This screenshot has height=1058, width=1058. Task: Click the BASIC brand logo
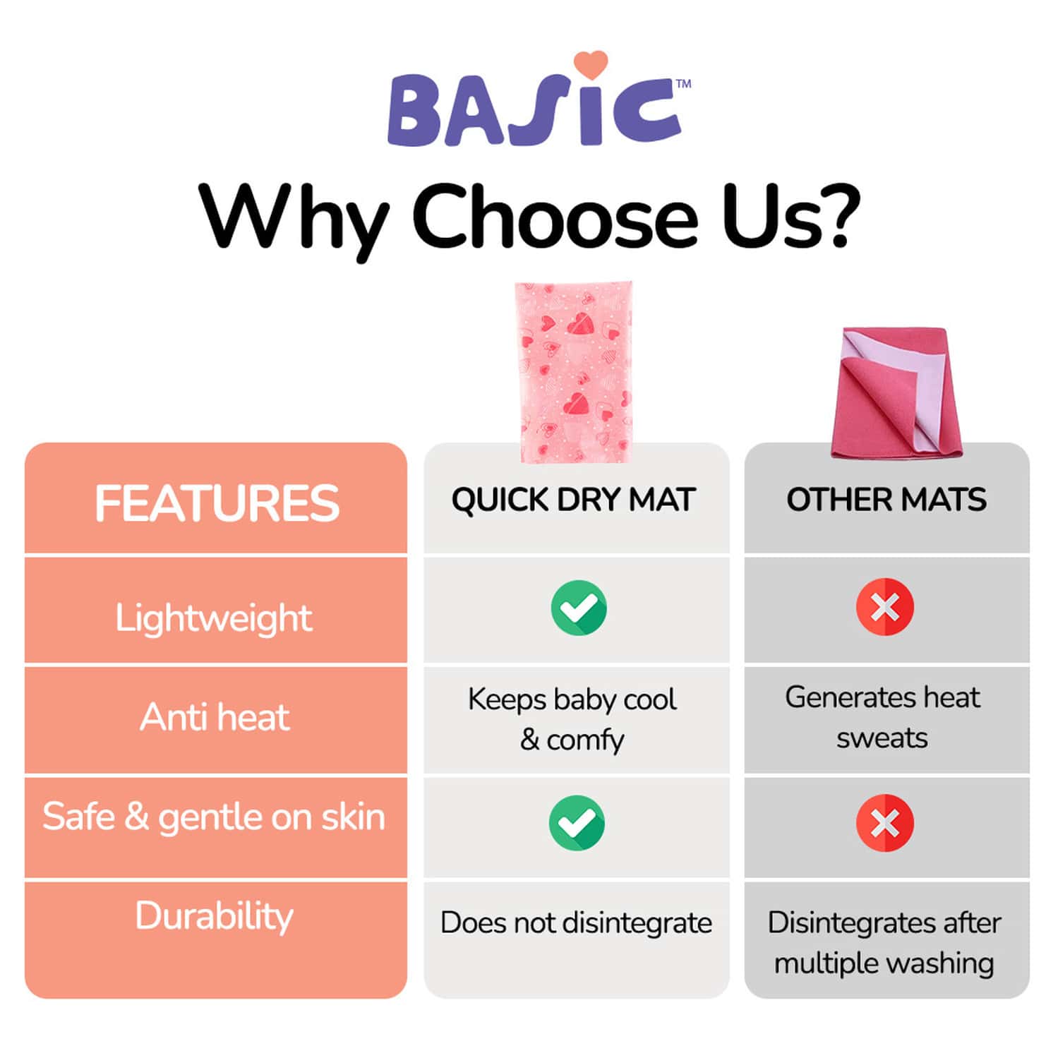click(x=534, y=109)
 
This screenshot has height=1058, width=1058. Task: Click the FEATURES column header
click(x=217, y=503)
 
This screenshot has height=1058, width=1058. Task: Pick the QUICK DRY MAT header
click(x=574, y=500)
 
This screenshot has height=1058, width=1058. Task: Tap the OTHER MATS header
click(x=886, y=500)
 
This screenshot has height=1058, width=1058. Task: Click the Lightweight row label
click(x=214, y=618)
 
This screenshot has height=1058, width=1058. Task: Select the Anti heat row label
click(x=215, y=718)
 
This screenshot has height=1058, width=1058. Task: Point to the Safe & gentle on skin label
click(x=214, y=817)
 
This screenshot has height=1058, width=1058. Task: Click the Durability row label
click(x=214, y=916)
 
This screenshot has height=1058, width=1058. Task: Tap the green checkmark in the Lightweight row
click(x=578, y=608)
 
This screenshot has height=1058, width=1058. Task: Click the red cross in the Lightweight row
click(x=884, y=607)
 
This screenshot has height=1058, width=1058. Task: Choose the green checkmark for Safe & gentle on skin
click(x=577, y=823)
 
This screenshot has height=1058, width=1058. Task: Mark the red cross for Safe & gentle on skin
click(x=884, y=823)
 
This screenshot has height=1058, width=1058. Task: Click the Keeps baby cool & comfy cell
click(x=572, y=719)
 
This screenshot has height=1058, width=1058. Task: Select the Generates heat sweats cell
click(x=882, y=717)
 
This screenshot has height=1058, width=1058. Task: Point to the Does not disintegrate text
click(x=576, y=923)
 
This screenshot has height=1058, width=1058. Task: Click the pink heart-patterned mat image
click(x=573, y=372)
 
